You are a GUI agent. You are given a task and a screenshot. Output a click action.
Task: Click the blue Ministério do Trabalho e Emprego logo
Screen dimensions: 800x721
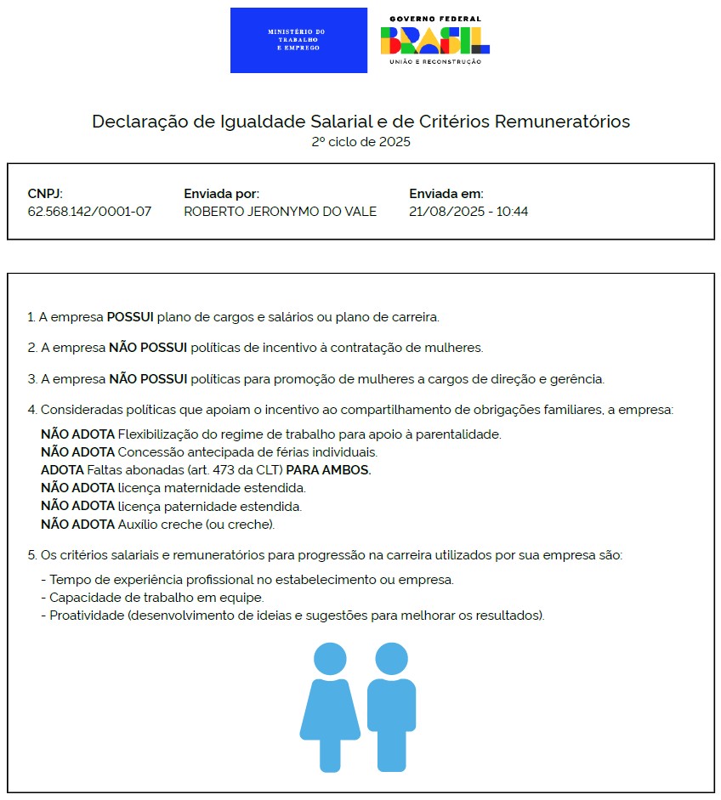[x=298, y=40]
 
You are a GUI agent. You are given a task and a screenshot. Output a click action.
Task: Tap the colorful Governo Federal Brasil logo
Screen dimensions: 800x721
[x=434, y=40]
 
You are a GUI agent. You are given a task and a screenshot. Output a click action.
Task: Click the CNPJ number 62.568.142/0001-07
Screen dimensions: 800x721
[x=89, y=211]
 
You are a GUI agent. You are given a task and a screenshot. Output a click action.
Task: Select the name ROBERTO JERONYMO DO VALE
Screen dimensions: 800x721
[x=280, y=211]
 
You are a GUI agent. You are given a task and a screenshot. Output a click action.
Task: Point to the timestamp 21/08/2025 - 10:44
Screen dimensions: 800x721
[x=468, y=211]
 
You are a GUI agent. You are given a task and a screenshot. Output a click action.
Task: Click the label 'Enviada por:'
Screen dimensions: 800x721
[x=221, y=194]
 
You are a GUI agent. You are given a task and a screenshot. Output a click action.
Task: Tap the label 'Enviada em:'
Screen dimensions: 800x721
[x=446, y=194]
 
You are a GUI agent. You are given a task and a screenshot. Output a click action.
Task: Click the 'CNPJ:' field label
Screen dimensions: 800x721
[x=45, y=194]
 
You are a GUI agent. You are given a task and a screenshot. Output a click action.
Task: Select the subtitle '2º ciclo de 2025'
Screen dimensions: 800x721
[x=360, y=141]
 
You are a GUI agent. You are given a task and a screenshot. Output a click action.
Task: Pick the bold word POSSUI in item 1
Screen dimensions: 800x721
[x=130, y=317]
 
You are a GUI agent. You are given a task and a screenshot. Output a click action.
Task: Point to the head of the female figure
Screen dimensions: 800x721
[x=330, y=659]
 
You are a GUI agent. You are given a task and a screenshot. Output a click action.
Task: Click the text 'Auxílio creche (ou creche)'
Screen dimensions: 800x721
[x=196, y=525]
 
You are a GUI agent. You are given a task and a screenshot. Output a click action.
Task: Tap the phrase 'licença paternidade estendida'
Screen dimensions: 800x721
[x=209, y=506]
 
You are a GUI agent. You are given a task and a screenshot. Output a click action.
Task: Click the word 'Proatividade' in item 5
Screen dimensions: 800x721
[x=86, y=616]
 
